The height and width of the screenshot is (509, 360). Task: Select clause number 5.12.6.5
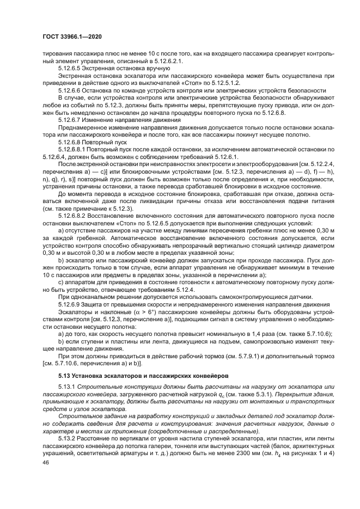coord(72,69)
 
